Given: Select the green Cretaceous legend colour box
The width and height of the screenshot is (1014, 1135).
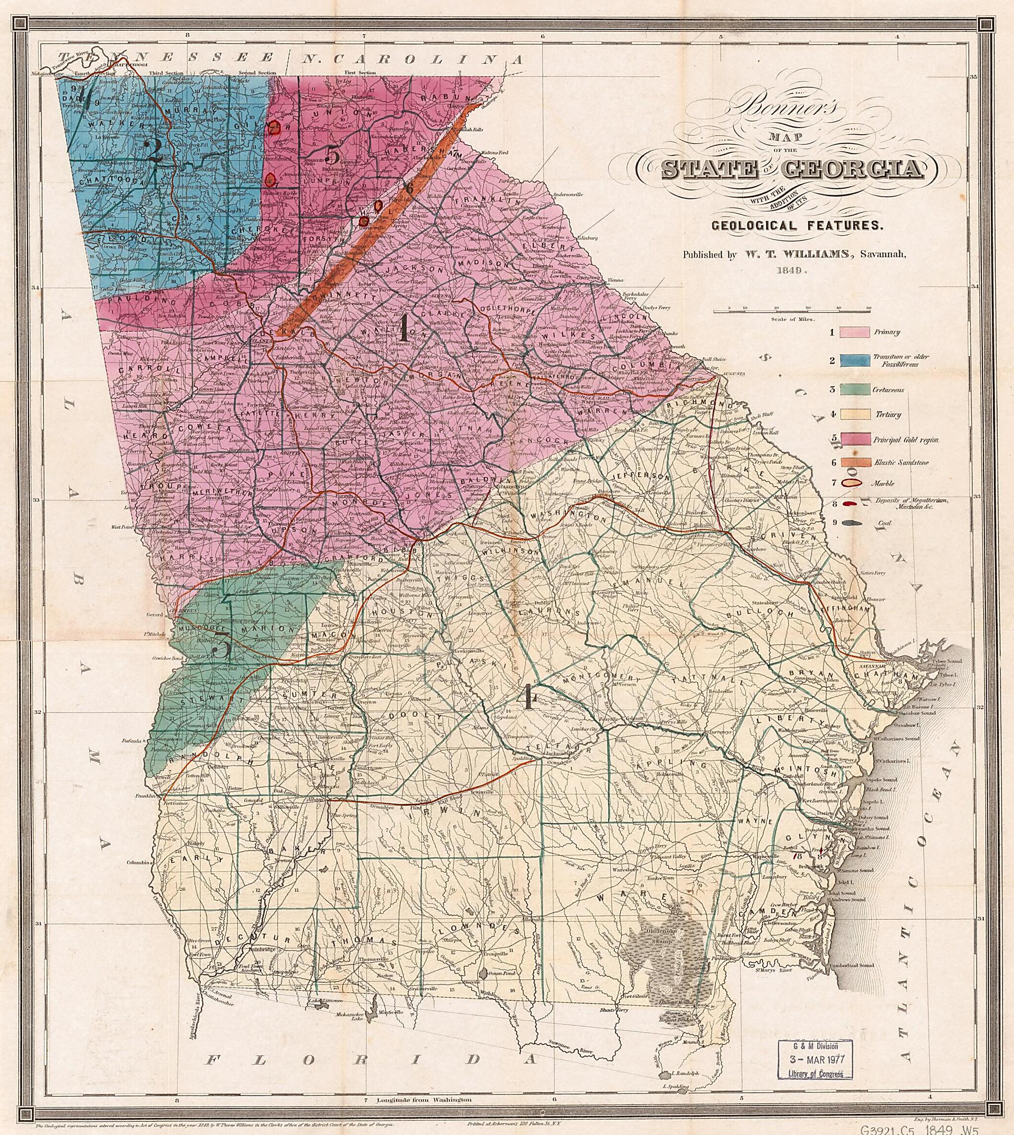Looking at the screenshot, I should [x=855, y=391].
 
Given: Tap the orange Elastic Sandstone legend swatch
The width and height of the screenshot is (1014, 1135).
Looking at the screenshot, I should [x=855, y=462].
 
